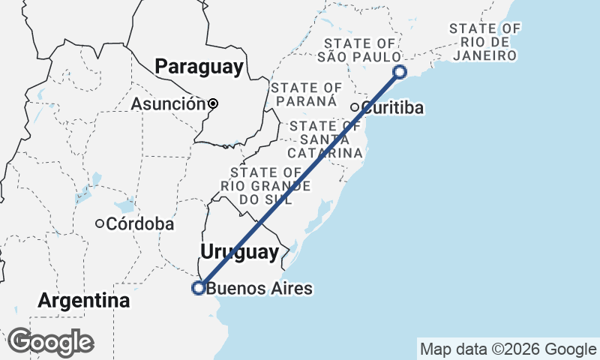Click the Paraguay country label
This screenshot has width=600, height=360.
point(199,67)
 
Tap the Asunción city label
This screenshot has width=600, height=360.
point(168,104)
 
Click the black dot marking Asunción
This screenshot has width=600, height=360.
point(213,103)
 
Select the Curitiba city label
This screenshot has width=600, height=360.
point(392,108)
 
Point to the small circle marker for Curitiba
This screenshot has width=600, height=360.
point(355,107)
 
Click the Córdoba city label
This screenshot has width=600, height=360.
point(140,223)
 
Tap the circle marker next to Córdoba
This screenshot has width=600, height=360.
point(99,223)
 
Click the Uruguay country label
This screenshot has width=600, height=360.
point(239,252)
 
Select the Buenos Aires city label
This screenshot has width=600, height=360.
point(259,288)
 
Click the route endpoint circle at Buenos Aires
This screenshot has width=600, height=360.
point(199,287)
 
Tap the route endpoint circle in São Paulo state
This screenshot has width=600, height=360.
point(400,72)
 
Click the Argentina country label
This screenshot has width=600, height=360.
point(84,301)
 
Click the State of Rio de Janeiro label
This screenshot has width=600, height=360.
point(485,42)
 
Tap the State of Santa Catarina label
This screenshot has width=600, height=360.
point(325,139)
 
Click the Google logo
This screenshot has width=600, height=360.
point(50,342)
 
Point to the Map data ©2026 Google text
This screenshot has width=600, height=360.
point(507,349)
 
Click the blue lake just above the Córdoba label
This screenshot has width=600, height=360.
point(124,204)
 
